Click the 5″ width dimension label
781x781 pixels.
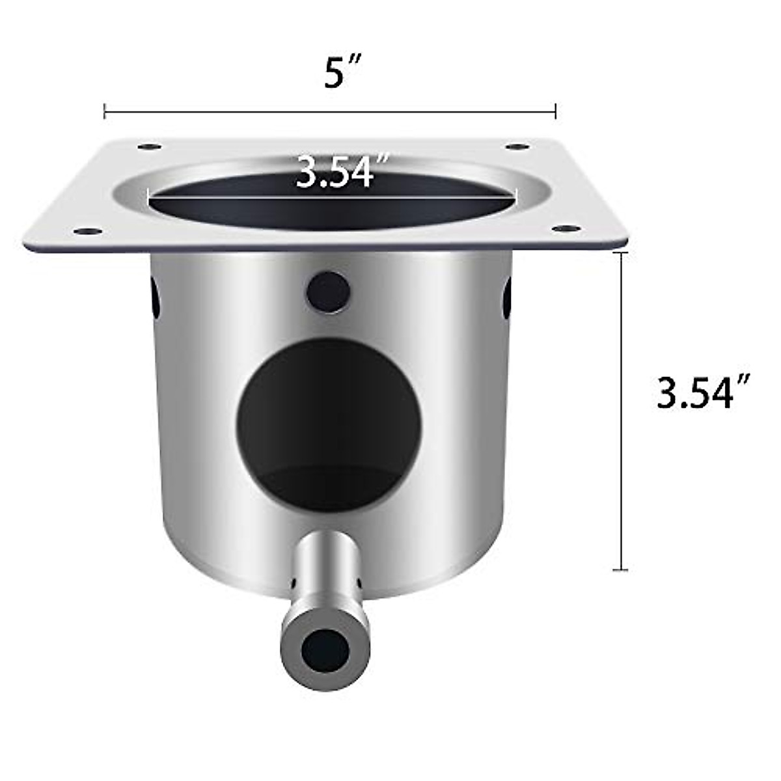pyautogui.click(x=342, y=74)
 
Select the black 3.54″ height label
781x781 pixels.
pyautogui.click(x=704, y=393)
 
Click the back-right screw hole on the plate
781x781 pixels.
pyautogui.click(x=517, y=147)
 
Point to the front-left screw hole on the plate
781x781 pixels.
pyautogui.click(x=85, y=230)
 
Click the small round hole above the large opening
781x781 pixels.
pyautogui.click(x=327, y=291)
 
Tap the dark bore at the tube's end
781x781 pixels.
pyautogui.click(x=325, y=647)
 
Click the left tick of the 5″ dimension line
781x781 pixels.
pyautogui.click(x=105, y=111)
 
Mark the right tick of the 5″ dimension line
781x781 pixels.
pyautogui.click(x=555, y=111)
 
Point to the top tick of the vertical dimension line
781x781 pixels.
pyautogui.click(x=621, y=253)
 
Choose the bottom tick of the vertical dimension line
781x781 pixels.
pyautogui.click(x=621, y=570)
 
